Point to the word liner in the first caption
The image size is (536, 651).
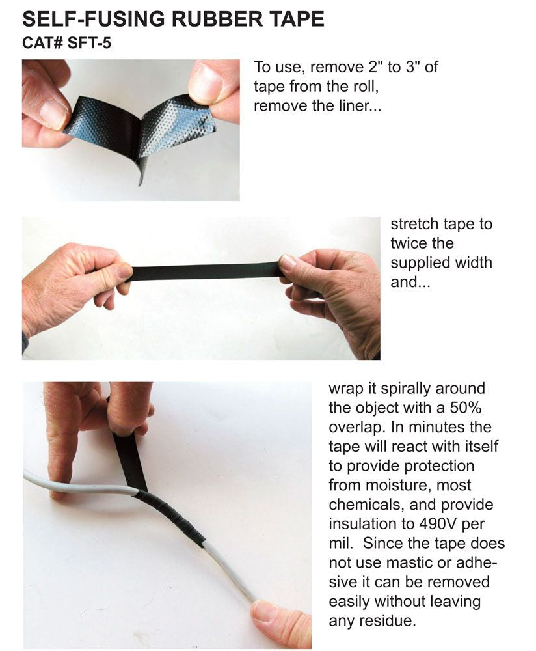[x=349, y=105]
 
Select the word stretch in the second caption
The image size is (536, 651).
[x=412, y=224]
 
